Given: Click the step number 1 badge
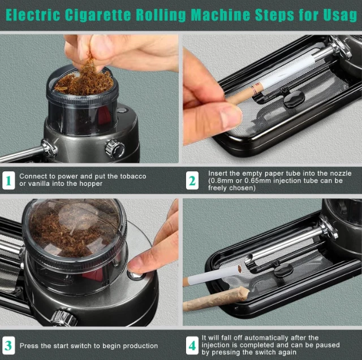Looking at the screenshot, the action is click(8, 180).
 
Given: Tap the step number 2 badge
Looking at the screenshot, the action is click(192, 180).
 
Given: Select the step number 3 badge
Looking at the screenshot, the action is click(8, 345).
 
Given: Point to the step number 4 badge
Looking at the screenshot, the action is click(192, 345).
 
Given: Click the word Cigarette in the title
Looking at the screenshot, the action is click(98, 15).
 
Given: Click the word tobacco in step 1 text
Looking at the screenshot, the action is click(133, 176).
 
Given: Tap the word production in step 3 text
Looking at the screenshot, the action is click(140, 346).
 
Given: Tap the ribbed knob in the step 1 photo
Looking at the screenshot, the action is click(115, 149).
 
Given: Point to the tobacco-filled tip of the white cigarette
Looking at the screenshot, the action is click(239, 268).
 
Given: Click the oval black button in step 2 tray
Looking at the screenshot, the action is click(294, 99).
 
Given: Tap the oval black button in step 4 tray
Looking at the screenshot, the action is click(283, 270).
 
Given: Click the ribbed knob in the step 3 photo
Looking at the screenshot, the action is click(63, 318).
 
